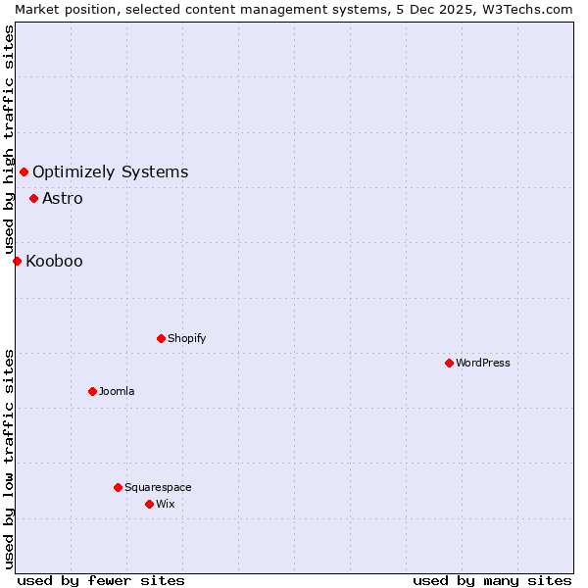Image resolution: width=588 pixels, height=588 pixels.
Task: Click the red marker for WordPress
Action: [449, 363]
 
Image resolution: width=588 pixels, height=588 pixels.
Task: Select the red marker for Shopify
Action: [161, 338]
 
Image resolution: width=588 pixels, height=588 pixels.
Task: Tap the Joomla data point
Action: [92, 391]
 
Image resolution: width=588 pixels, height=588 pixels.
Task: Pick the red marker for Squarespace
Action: [118, 487]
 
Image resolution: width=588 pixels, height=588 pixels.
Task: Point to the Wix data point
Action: [149, 504]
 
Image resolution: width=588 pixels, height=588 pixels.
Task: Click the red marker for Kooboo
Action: [17, 261]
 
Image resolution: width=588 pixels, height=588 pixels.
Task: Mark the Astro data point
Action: [33, 198]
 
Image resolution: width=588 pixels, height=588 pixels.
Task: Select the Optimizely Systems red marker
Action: [24, 172]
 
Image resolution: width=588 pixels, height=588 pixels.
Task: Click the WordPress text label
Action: [483, 363]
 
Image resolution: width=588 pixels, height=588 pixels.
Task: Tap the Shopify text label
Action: [187, 338]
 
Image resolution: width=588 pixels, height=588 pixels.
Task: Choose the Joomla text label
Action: [117, 391]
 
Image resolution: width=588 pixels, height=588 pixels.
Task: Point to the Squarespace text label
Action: [158, 487]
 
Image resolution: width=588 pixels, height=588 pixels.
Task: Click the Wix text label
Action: [166, 504]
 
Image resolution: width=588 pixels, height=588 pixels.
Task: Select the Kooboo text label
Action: [54, 261]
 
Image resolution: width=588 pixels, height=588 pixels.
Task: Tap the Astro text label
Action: [63, 198]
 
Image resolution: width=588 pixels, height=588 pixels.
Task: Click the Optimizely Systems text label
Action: [110, 172]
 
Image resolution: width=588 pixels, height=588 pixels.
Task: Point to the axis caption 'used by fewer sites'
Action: [101, 580]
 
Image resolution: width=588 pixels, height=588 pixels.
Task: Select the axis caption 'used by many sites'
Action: [492, 580]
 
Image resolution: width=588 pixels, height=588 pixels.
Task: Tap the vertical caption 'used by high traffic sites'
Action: [9, 138]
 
